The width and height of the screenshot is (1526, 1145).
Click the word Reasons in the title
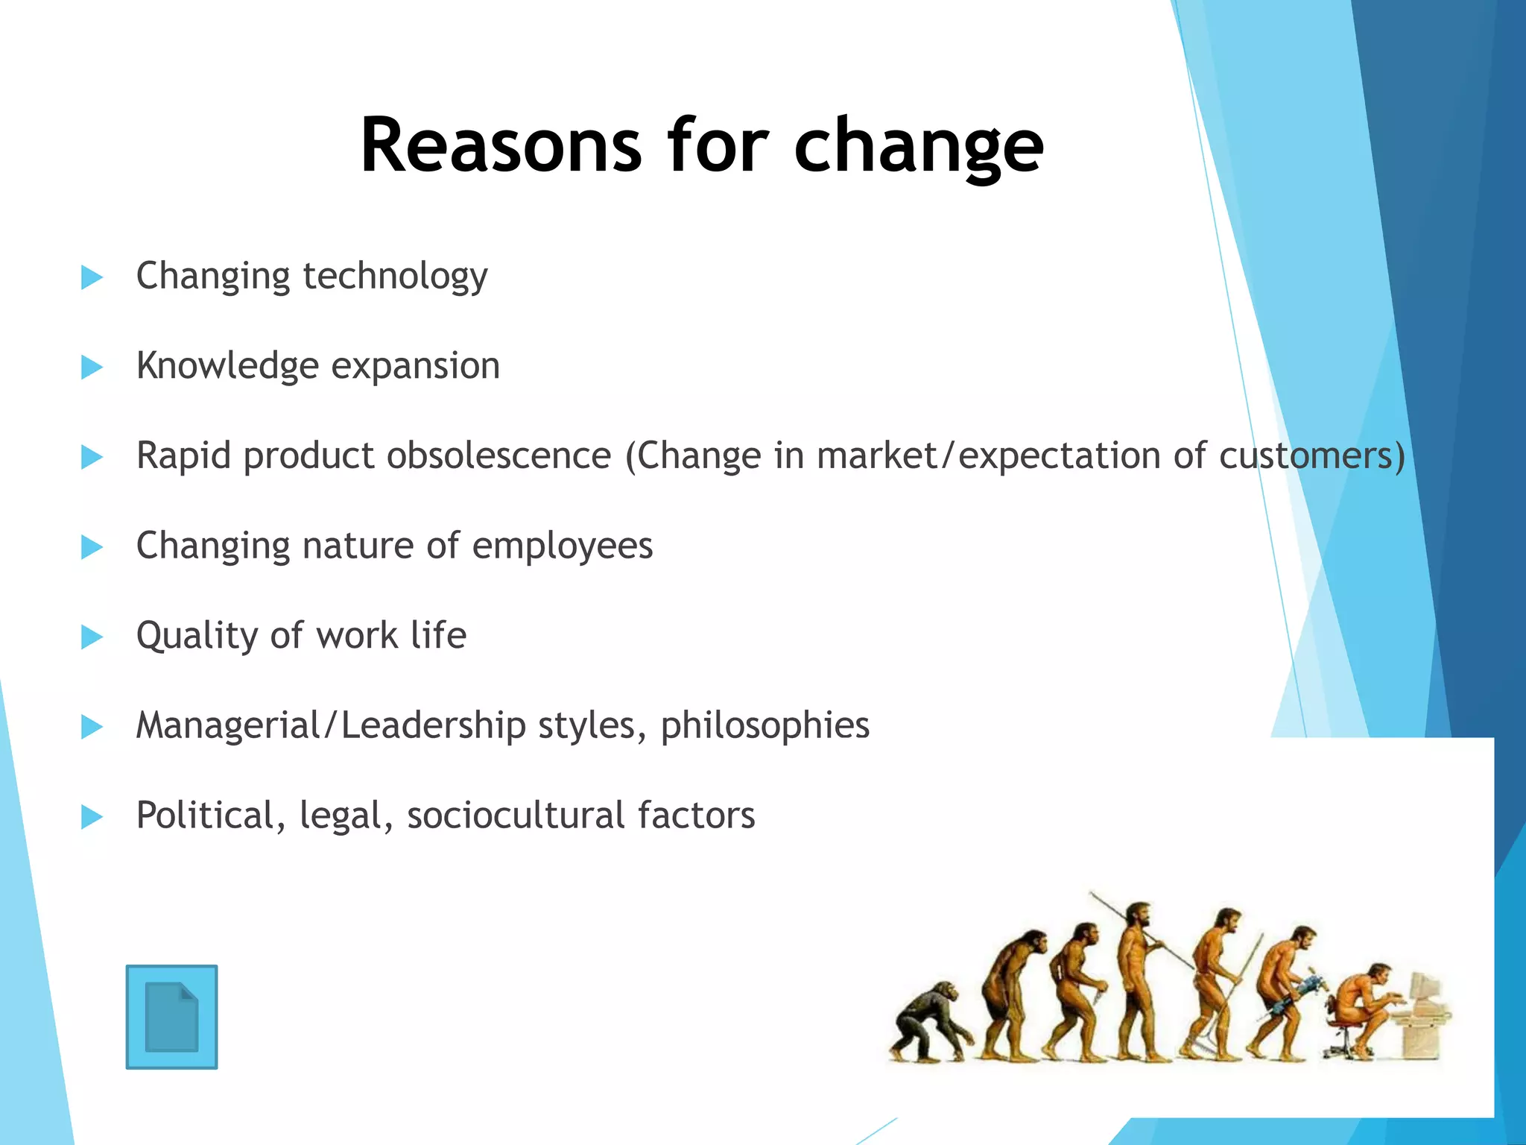point(500,145)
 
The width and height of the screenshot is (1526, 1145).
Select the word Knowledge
point(227,367)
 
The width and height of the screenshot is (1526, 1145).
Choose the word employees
point(563,546)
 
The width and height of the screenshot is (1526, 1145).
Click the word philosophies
point(764,726)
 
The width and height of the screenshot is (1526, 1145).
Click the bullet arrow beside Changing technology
point(92,277)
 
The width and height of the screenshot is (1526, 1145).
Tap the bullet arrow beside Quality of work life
point(92,637)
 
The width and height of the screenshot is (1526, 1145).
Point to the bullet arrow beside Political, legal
point(92,816)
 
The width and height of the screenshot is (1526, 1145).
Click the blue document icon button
point(171,1017)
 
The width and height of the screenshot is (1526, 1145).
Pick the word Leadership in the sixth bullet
point(433,726)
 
